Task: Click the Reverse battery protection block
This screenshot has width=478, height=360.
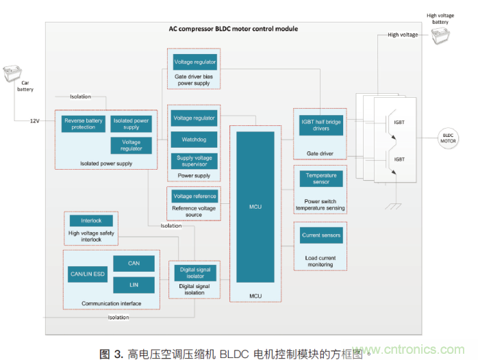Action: [x=84, y=123]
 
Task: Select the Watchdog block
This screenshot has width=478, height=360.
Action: [x=194, y=140]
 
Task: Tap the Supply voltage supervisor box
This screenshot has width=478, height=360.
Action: [x=194, y=162]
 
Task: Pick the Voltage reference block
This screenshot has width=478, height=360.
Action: [x=194, y=196]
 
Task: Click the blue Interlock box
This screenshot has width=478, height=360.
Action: [x=91, y=221]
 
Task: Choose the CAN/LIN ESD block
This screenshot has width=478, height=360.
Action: [x=87, y=274]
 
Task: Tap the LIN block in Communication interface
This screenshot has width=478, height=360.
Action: [x=134, y=283]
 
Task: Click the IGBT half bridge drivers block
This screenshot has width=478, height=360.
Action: [x=321, y=125]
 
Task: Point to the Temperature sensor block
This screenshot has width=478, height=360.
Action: [x=321, y=179]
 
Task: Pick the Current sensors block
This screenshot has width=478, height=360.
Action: [x=321, y=235]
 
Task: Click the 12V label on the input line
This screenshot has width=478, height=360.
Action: [x=34, y=121]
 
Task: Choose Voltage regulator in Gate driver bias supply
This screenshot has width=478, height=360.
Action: [x=194, y=62]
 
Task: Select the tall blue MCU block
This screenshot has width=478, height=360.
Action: [x=255, y=206]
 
